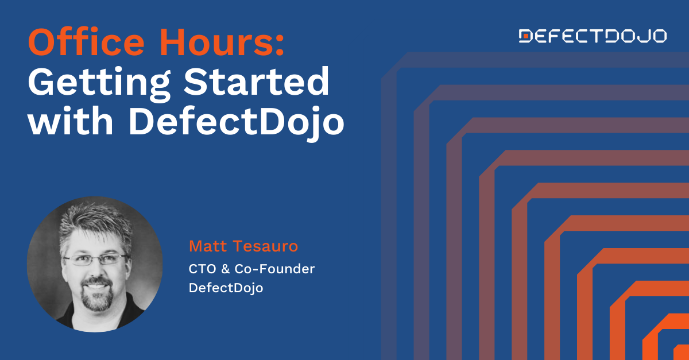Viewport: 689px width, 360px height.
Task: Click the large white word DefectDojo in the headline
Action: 236,122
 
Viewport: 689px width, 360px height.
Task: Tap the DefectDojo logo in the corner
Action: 593,36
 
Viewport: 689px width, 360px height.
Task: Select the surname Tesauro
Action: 268,247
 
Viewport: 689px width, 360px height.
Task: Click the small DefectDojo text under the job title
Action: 226,288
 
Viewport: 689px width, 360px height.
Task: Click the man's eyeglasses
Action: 95,259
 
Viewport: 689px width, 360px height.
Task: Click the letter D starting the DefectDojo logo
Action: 525,36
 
